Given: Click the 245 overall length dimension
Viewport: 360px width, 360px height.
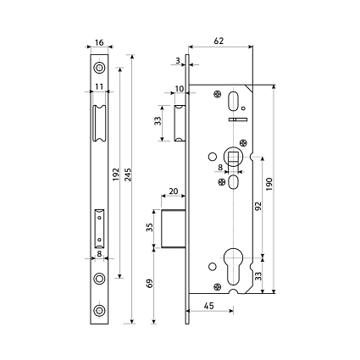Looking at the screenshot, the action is coord(128,175).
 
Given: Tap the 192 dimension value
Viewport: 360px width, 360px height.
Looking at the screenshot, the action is coord(116,174).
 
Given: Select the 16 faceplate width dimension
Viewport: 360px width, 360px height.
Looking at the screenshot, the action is coord(99,42).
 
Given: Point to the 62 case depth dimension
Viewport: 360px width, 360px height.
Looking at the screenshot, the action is coord(219,41).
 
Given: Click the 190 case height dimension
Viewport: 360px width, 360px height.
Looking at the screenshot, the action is coord(269,184).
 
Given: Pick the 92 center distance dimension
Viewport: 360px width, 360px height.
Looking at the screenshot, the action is coord(258,207).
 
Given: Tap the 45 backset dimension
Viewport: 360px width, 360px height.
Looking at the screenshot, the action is coord(208,306).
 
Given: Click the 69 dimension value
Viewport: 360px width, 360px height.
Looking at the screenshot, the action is coord(150,283).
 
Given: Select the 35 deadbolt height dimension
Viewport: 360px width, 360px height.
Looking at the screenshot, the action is coord(150,227).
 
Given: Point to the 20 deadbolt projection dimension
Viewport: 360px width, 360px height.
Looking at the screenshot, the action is coord(174,191).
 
